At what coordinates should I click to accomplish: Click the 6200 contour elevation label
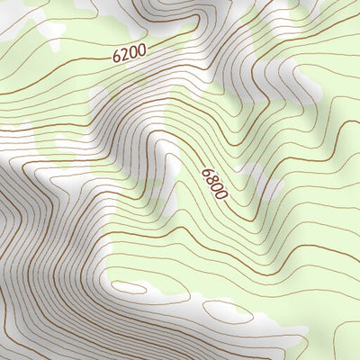(x=129, y=55)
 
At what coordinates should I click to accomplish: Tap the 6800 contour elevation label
(x=215, y=183)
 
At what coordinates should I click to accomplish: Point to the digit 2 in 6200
(x=124, y=56)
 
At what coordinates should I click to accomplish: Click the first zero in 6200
(x=132, y=53)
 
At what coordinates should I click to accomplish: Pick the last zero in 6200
(x=139, y=51)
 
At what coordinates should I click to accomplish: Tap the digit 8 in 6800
(x=211, y=178)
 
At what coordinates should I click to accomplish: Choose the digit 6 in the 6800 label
(x=207, y=171)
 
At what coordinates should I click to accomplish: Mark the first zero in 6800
(x=218, y=186)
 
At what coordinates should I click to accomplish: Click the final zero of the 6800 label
(x=222, y=193)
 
